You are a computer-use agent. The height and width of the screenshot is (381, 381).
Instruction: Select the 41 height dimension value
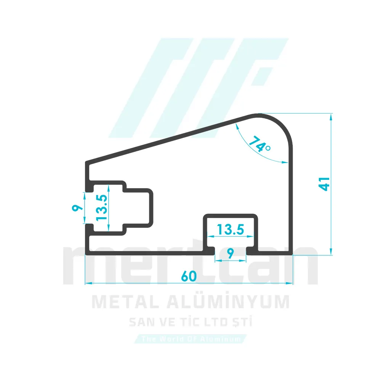click(x=324, y=184)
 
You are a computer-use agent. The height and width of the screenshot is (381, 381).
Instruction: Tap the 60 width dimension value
click(x=189, y=276)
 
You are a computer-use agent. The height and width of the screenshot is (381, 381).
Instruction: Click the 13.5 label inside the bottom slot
click(x=231, y=229)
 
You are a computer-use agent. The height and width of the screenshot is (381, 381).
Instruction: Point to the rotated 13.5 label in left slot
click(x=102, y=207)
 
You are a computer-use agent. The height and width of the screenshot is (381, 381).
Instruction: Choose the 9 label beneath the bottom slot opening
click(x=231, y=253)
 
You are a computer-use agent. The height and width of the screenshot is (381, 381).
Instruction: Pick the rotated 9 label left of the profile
click(x=77, y=208)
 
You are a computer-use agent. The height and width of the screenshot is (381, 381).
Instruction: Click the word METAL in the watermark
click(x=126, y=302)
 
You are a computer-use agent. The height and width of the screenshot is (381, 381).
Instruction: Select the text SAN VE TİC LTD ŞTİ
click(x=190, y=322)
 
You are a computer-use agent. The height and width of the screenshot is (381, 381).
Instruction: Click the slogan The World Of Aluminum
click(x=191, y=339)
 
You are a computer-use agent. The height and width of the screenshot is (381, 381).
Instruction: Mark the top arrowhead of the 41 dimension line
click(x=331, y=117)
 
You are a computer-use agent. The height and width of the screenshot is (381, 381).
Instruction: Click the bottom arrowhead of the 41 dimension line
click(x=331, y=251)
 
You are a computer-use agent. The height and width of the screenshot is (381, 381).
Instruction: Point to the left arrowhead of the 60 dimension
click(x=89, y=283)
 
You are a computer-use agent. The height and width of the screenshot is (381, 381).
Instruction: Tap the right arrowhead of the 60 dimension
click(x=289, y=283)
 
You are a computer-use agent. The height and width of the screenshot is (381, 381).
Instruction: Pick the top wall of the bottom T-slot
click(x=231, y=216)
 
